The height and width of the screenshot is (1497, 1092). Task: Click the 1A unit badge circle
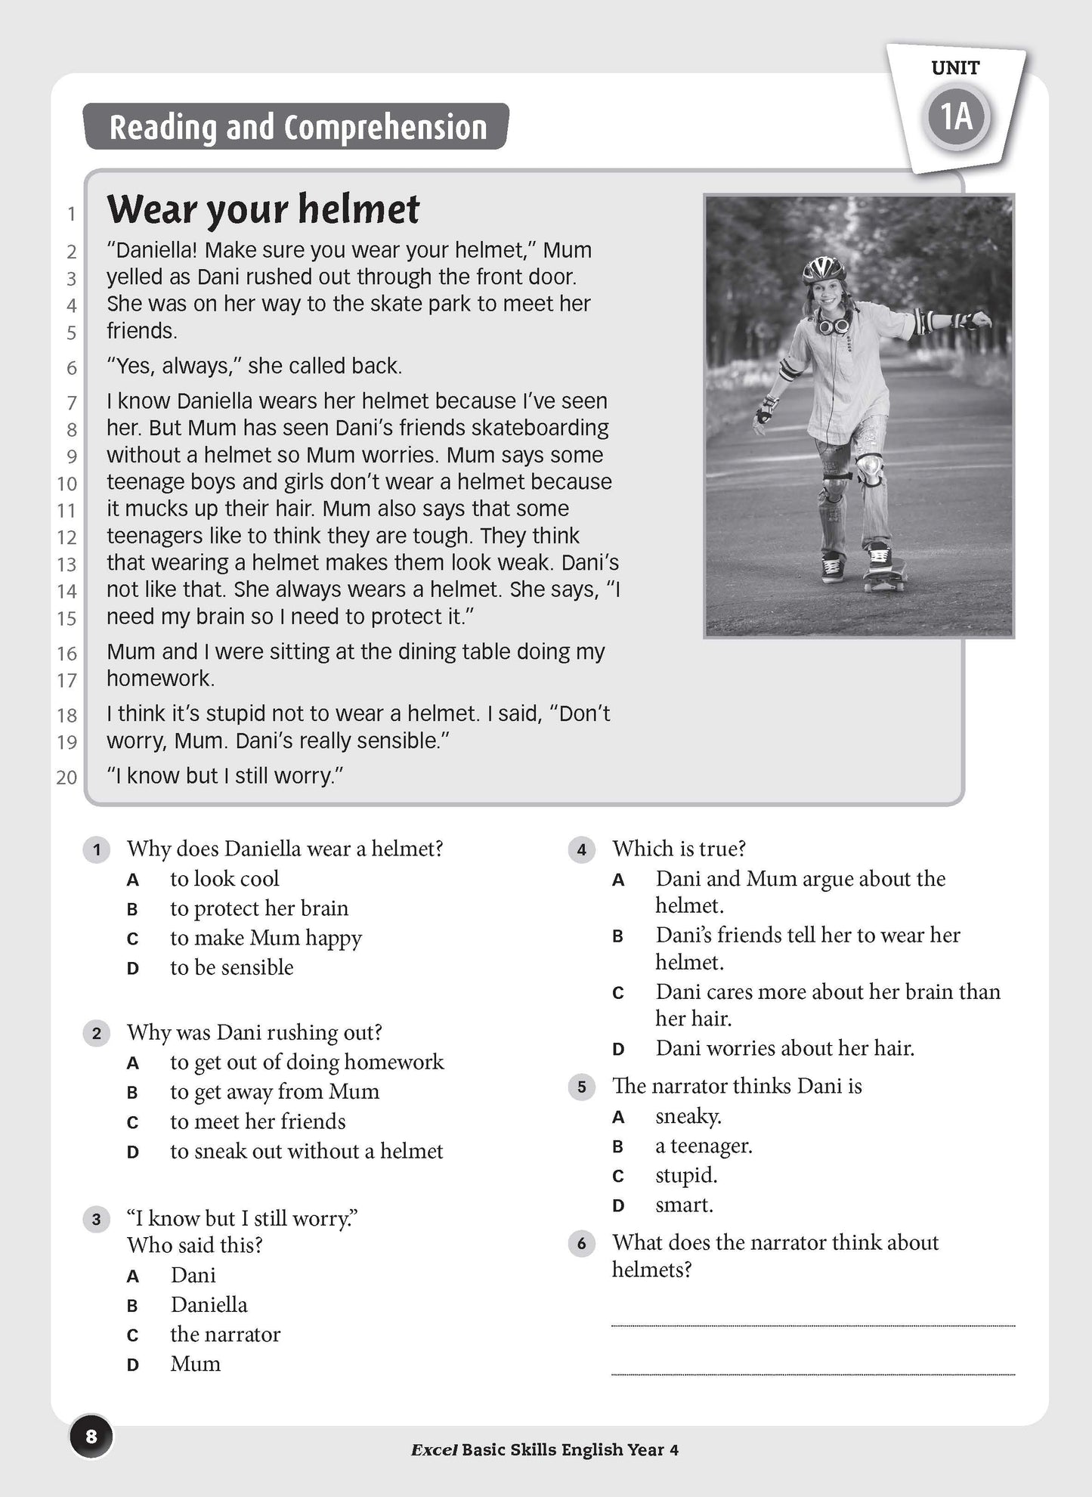click(957, 117)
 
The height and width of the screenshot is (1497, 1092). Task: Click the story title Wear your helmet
click(263, 209)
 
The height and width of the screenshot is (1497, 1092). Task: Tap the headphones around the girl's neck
click(833, 325)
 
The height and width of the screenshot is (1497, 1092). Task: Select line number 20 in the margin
click(67, 777)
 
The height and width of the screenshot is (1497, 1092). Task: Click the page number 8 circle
click(91, 1436)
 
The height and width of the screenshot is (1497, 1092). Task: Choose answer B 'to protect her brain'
click(258, 908)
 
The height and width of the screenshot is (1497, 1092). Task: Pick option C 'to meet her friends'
click(257, 1121)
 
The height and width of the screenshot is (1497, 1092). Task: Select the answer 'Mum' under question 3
click(196, 1364)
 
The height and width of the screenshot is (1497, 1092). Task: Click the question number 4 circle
click(581, 849)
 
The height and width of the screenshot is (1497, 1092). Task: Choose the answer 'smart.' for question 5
click(684, 1205)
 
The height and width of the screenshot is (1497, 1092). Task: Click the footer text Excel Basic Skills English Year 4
click(545, 1449)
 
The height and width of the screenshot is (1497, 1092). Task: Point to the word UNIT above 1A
click(955, 68)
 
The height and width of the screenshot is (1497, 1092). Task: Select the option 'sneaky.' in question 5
click(688, 1116)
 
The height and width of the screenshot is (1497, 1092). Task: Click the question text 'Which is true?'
click(679, 849)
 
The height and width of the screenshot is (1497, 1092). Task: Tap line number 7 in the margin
click(72, 403)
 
